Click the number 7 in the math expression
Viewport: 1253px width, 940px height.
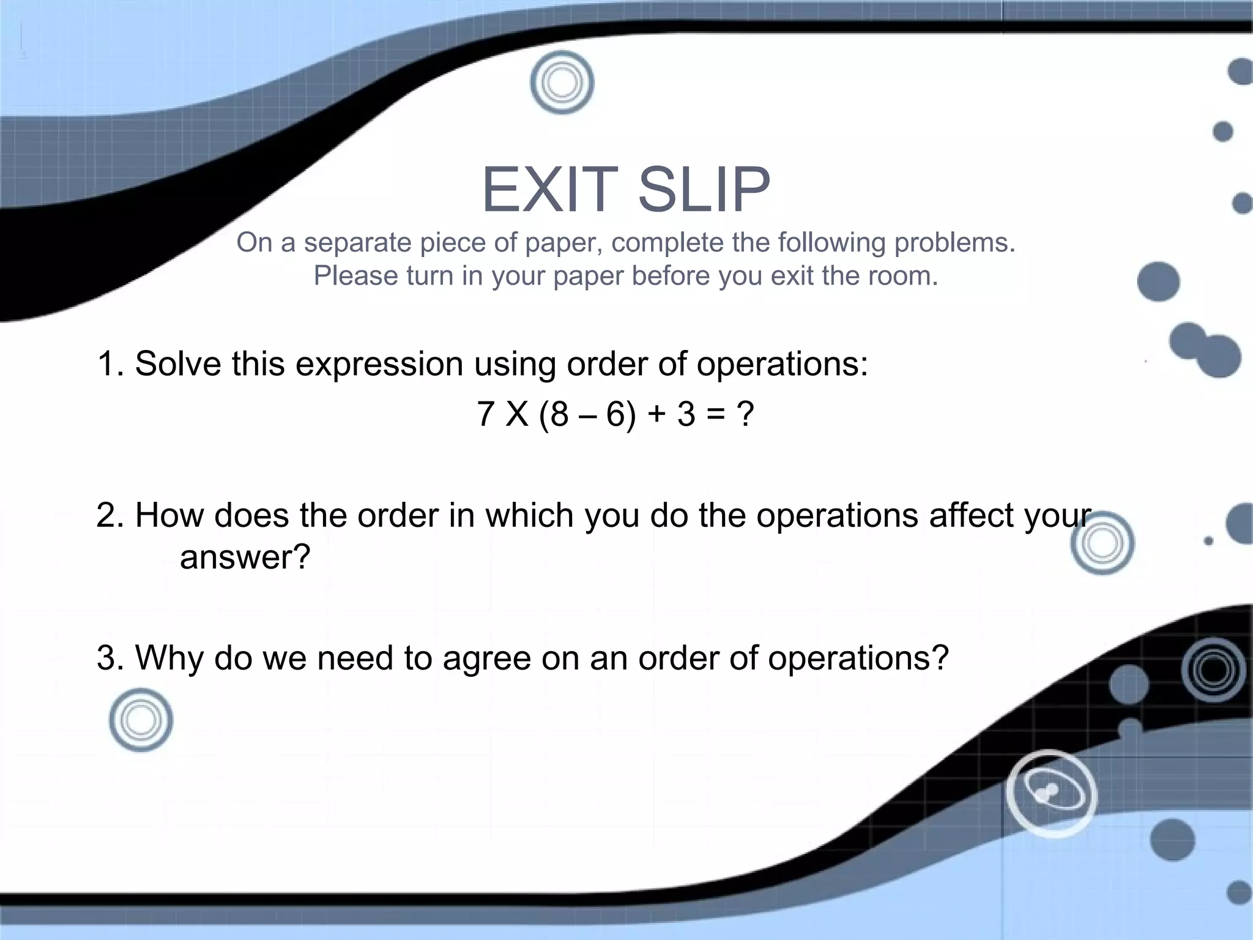point(485,414)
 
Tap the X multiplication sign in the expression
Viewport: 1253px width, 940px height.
point(518,414)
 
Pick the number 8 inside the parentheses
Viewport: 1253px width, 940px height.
point(559,414)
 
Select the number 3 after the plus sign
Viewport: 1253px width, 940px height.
point(686,414)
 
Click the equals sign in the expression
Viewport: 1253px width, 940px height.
point(715,414)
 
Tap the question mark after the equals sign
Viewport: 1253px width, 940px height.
point(745,414)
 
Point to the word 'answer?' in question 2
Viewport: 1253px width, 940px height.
point(245,558)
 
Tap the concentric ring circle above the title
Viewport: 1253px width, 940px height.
point(562,83)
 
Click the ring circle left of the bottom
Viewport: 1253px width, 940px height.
point(141,720)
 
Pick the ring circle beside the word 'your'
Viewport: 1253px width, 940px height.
point(1102,543)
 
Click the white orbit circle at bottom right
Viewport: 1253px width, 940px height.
point(1051,794)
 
